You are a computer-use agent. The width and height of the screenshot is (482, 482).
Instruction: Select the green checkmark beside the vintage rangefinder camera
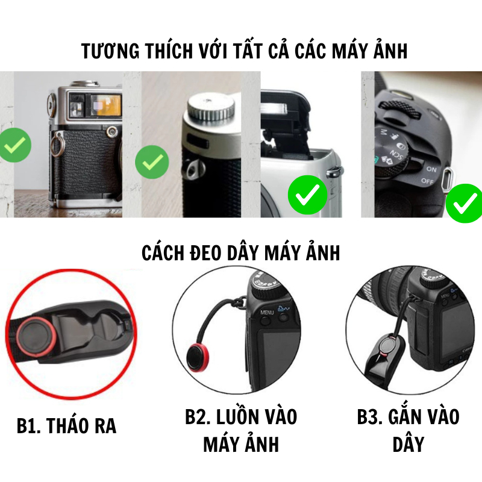[14, 145]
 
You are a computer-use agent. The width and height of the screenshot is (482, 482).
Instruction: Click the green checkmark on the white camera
[308, 195]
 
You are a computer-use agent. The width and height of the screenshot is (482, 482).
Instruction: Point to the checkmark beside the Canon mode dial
[465, 203]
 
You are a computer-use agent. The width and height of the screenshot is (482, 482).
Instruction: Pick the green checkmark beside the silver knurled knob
[152, 162]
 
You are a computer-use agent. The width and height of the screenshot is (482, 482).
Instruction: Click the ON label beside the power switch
[431, 169]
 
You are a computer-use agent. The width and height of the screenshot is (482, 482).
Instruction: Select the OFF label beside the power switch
[427, 181]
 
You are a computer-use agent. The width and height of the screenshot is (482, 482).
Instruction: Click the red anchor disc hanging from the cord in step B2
[198, 358]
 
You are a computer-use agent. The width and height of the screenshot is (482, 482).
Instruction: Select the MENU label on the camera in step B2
[267, 313]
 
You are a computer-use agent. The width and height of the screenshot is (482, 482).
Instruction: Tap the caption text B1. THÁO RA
[66, 426]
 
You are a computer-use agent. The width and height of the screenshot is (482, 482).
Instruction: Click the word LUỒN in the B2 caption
[236, 417]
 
